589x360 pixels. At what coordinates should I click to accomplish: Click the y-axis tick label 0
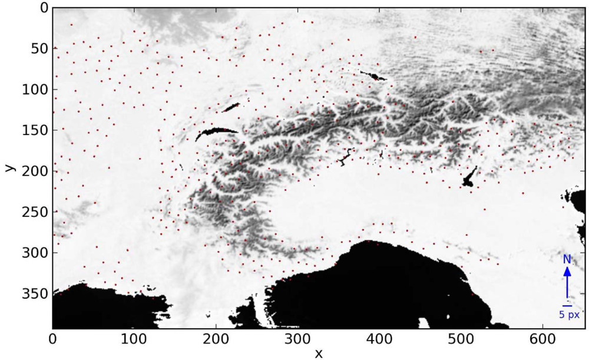pos(42,8)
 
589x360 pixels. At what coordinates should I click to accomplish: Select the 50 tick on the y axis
pos(38,49)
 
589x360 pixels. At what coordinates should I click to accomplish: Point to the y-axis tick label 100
pos(35,90)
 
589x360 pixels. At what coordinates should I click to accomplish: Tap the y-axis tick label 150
pos(35,130)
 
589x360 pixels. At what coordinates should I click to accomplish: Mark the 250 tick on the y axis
pos(35,212)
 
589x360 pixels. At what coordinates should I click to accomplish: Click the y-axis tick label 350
pos(35,293)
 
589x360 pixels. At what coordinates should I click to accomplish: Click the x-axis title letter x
pos(319,354)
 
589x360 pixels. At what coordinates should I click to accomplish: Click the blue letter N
pos(567,259)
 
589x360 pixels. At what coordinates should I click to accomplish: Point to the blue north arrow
pos(567,283)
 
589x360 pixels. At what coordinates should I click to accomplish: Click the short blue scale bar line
pos(567,306)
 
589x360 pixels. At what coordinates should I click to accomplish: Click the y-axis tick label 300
pos(35,253)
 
